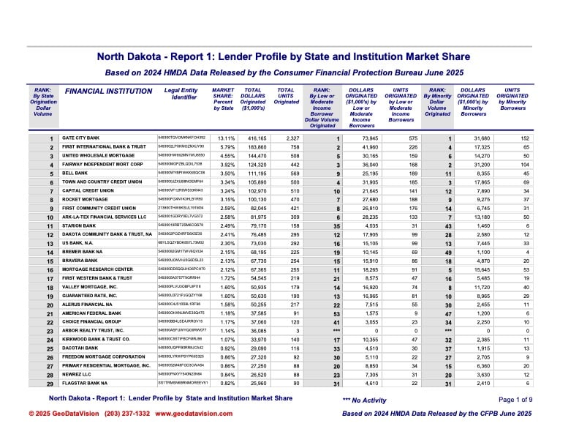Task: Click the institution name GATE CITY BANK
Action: (x=80, y=138)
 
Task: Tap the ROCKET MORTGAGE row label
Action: (x=84, y=199)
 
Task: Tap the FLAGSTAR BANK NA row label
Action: (x=86, y=381)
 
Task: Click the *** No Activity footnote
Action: (x=365, y=400)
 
